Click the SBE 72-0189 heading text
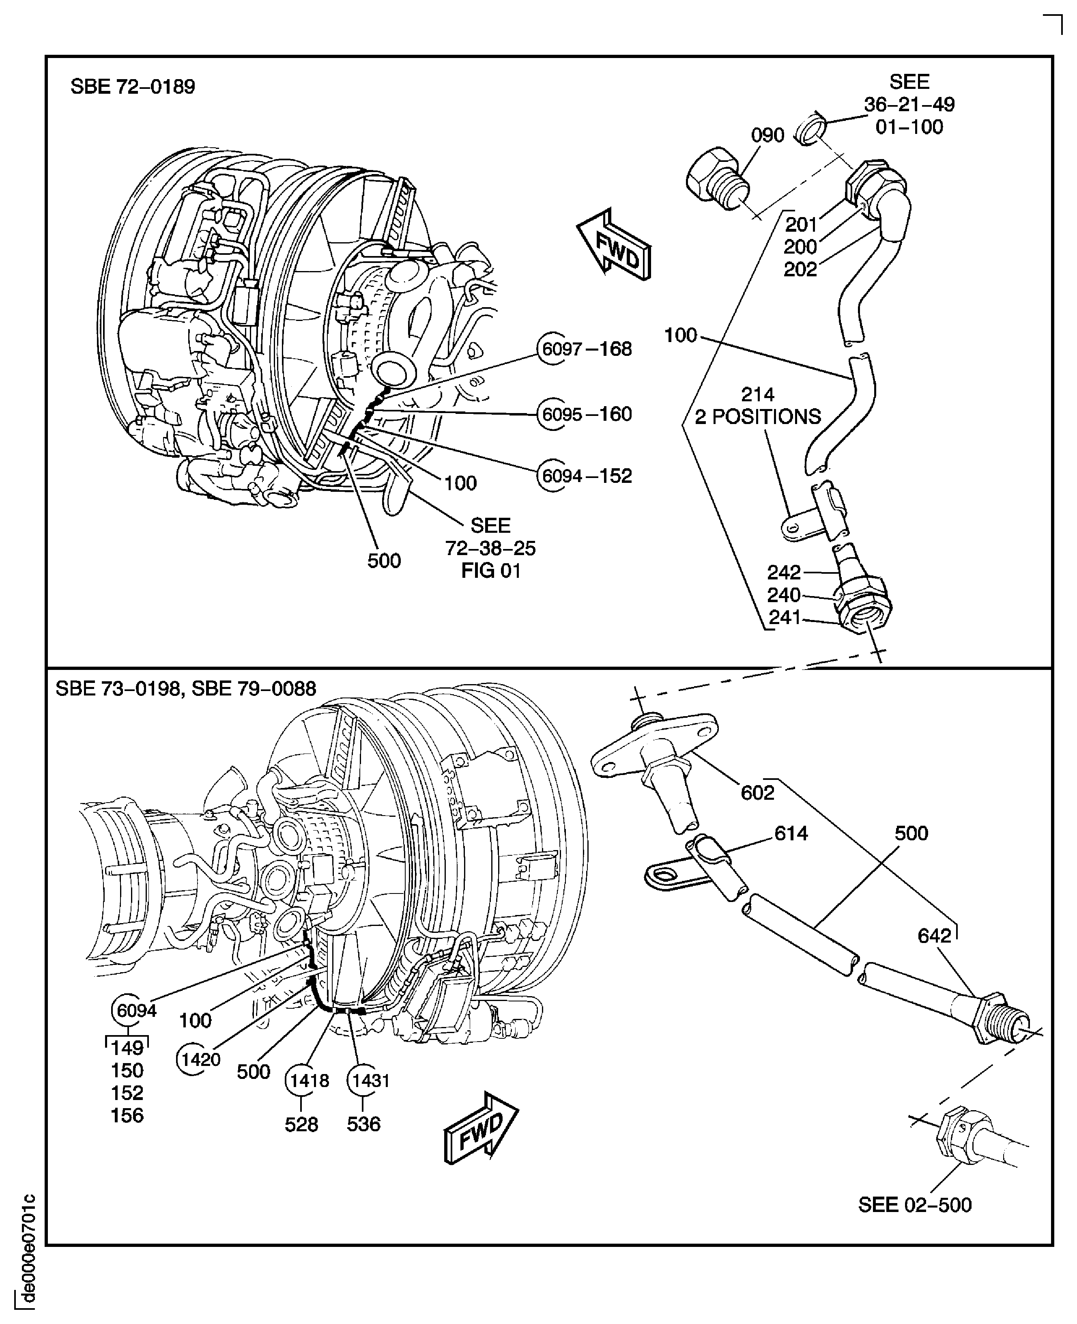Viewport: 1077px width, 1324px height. pos(133,87)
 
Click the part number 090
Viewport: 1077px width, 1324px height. pos(767,135)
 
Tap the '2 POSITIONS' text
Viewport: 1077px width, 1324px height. pos(757,416)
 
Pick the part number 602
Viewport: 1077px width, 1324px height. pos(757,792)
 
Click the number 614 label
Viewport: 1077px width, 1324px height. pos(791,833)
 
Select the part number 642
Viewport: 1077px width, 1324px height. pos(934,936)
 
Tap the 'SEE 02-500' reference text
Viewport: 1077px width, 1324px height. pos(914,1205)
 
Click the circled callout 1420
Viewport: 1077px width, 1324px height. pos(198,1059)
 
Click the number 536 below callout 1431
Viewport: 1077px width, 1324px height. pos(363,1124)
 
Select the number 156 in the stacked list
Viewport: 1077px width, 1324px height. pos(127,1115)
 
